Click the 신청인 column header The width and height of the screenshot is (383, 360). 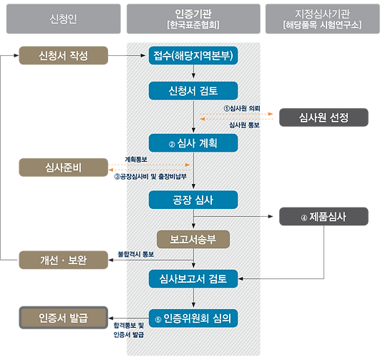[x=64, y=19]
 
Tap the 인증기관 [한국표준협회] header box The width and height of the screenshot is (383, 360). [x=193, y=19]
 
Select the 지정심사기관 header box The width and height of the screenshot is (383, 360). [x=323, y=19]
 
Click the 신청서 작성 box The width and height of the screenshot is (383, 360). [x=64, y=55]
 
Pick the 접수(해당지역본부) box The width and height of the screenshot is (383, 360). [x=193, y=55]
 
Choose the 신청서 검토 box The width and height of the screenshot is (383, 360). [x=193, y=91]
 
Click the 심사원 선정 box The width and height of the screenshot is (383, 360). [x=324, y=117]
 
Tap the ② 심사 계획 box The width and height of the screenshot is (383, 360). [x=193, y=143]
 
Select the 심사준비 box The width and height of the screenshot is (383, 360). [x=64, y=167]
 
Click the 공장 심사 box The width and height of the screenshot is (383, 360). [x=193, y=200]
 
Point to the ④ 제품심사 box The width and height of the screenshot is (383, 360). [x=324, y=216]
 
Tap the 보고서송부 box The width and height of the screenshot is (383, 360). [x=193, y=239]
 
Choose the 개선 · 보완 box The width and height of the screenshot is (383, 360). [x=64, y=260]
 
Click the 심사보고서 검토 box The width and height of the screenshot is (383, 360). [x=193, y=279]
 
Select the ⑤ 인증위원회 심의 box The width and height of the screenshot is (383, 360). [x=193, y=318]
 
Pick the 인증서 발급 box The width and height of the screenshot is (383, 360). [x=64, y=318]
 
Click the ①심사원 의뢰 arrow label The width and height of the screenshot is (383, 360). [x=242, y=108]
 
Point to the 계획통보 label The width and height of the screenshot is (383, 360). [x=136, y=160]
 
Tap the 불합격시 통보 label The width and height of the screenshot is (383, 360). [x=136, y=254]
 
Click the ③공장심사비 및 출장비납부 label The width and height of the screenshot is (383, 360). [x=150, y=176]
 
